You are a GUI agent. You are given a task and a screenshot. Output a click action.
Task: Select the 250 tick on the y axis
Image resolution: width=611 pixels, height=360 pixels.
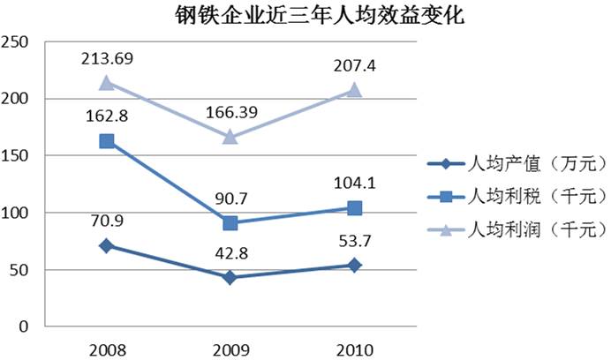point(17,42)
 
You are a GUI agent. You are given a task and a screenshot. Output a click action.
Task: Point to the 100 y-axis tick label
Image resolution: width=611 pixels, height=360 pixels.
point(17,213)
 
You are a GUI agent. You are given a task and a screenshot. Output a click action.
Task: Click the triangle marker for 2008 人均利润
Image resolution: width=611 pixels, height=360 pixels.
point(106,83)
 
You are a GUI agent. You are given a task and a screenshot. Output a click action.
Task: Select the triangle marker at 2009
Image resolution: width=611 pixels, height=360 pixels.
point(230,137)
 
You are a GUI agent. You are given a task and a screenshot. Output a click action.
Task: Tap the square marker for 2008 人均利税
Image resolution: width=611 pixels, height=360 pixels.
point(106,141)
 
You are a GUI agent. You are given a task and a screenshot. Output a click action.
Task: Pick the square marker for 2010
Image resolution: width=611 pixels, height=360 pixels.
point(355,208)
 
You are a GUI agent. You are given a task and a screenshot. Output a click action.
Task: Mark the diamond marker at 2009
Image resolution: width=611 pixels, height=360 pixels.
point(230,277)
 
